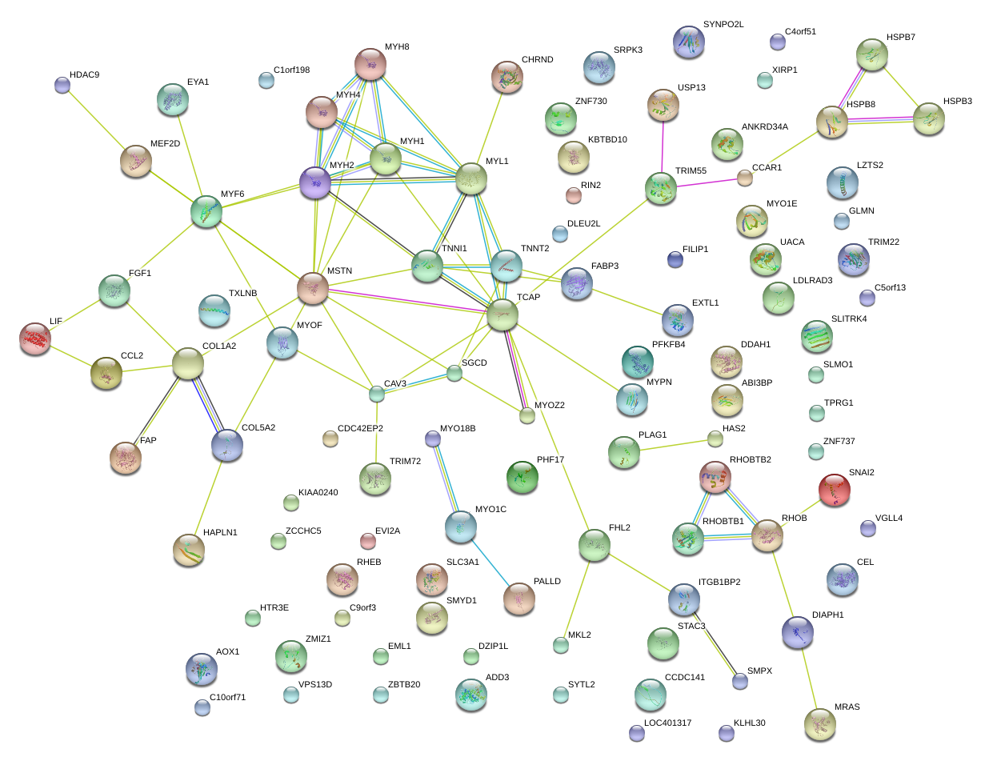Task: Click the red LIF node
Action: (34, 338)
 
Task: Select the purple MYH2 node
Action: (315, 182)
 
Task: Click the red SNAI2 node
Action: (835, 488)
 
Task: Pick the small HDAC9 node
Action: (62, 84)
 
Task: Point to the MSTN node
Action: (312, 286)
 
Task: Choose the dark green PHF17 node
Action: (523, 476)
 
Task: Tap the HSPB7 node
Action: (871, 54)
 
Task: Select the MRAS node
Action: (819, 723)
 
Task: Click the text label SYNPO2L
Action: (723, 25)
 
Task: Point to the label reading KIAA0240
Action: (318, 493)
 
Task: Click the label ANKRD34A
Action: (764, 126)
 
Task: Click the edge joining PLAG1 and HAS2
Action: (672, 445)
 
